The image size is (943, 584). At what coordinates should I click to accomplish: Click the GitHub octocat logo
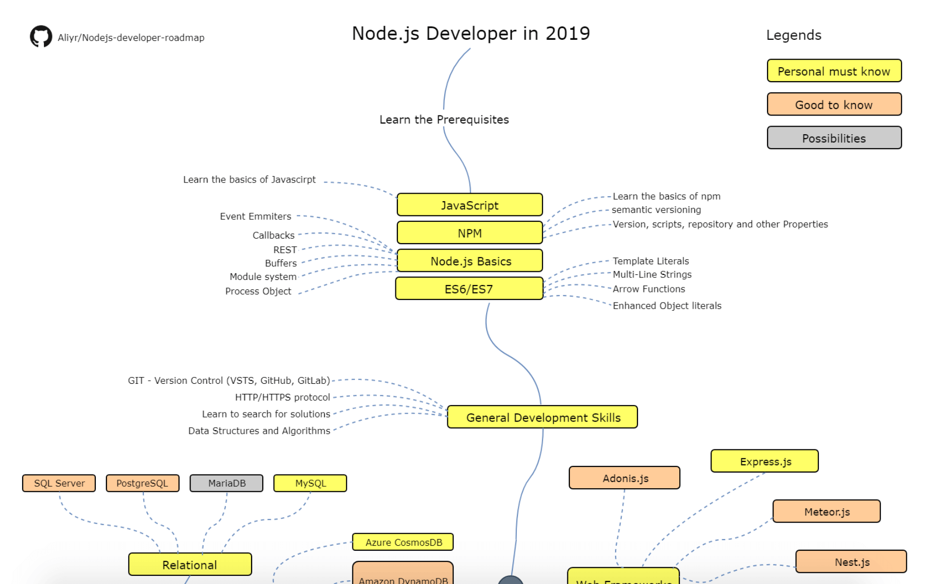[x=41, y=36]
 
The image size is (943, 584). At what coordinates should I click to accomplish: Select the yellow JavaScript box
[x=469, y=205]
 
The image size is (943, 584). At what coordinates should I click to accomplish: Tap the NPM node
[x=469, y=233]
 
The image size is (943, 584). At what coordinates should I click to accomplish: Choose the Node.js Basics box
[x=469, y=261]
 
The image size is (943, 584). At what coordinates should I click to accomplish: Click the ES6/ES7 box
[x=469, y=289]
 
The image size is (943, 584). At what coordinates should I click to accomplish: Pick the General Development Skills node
[x=542, y=417]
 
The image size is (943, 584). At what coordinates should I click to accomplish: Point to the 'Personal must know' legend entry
[x=834, y=71]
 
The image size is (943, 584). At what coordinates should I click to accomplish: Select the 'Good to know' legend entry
[x=834, y=104]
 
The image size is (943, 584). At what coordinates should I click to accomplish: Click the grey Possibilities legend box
[x=834, y=138]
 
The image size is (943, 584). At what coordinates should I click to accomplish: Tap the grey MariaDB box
[x=226, y=483]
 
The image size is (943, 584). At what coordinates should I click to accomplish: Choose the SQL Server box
[x=59, y=483]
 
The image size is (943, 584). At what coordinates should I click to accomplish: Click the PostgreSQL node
[x=142, y=483]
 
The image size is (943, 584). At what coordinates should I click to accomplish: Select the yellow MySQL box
[x=310, y=483]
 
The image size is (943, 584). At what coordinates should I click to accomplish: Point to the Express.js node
[x=764, y=461]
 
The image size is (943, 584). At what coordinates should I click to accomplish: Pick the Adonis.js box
[x=624, y=478]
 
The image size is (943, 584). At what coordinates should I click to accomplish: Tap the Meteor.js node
[x=827, y=511]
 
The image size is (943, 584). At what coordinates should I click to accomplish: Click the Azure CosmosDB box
[x=403, y=542]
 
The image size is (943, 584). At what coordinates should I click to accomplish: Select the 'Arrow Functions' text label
[x=649, y=289]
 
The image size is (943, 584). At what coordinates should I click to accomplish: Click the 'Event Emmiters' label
[x=255, y=216]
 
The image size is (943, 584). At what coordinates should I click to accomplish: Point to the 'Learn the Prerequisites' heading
[x=444, y=120]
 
